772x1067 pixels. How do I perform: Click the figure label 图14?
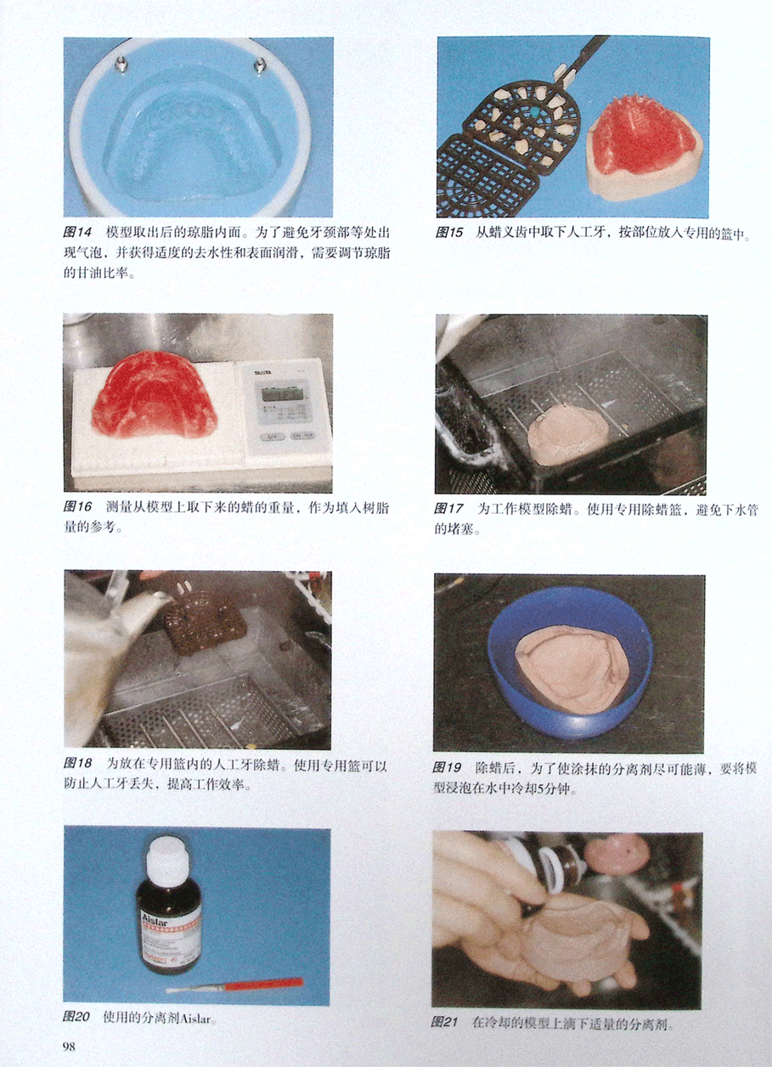pyautogui.click(x=77, y=233)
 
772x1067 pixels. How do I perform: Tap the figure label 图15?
pyautogui.click(x=449, y=233)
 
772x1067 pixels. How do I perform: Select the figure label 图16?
pyautogui.click(x=77, y=506)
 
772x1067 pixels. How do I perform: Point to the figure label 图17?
pyautogui.click(x=448, y=509)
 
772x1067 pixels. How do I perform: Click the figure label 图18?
pyautogui.click(x=77, y=763)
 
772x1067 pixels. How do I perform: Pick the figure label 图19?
pyautogui.click(x=447, y=767)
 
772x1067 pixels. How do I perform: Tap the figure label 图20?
pyautogui.click(x=76, y=1017)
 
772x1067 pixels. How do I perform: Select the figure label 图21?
pyautogui.click(x=444, y=1022)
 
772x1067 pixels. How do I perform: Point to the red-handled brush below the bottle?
pyautogui.click(x=234, y=982)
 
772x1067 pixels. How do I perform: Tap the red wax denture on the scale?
pyautogui.click(x=154, y=395)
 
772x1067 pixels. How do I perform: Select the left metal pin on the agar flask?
pyautogui.click(x=121, y=64)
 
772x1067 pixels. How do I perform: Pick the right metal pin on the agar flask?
pyautogui.click(x=260, y=65)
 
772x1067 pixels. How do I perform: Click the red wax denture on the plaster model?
pyautogui.click(x=645, y=139)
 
